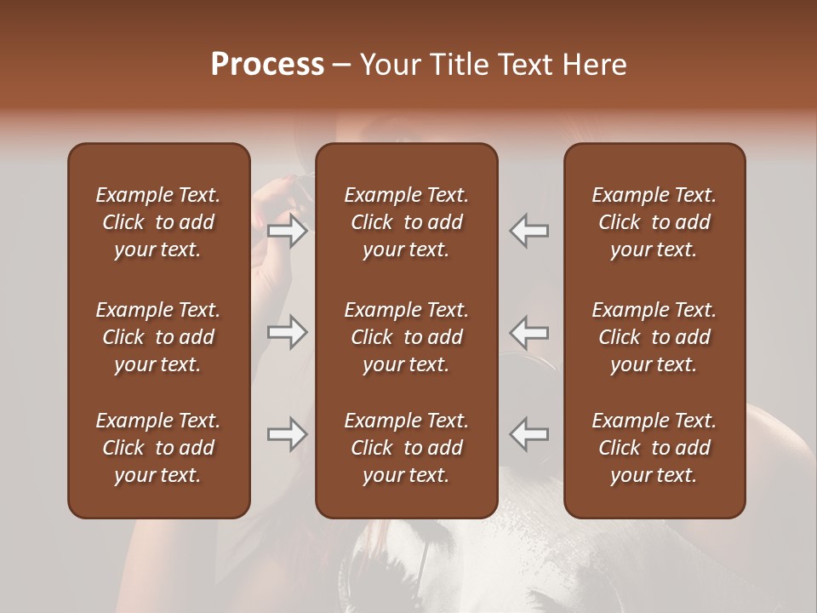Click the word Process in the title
[267, 65]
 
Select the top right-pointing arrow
[288, 231]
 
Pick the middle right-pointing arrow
[288, 332]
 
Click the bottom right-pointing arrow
[288, 434]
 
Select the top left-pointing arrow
[529, 231]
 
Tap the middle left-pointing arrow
[529, 332]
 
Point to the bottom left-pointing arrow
[529, 434]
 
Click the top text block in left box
[158, 222]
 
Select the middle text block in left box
[158, 337]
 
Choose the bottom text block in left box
[158, 448]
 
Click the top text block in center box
[407, 222]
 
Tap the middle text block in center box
[407, 337]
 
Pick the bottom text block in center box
[407, 448]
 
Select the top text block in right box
[654, 222]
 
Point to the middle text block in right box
[654, 337]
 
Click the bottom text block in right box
[654, 448]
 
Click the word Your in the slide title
[388, 65]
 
